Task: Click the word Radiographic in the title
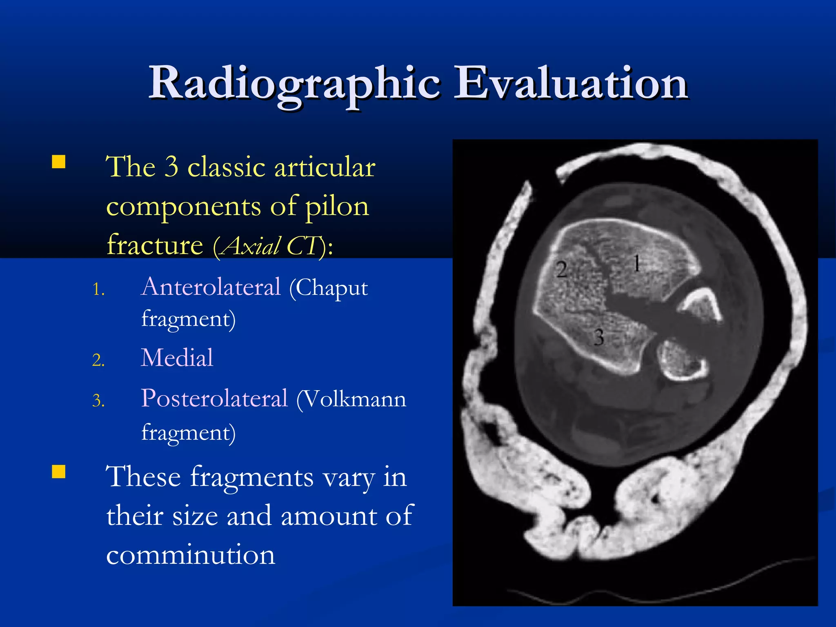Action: tap(294, 84)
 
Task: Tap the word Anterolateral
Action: tap(211, 287)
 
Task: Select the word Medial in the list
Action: tap(177, 358)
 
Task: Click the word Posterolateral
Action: tap(214, 398)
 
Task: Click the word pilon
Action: tap(337, 207)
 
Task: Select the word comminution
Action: tap(191, 555)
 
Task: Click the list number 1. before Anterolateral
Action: tap(98, 290)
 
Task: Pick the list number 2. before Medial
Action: tap(98, 360)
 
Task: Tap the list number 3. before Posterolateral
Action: tap(98, 401)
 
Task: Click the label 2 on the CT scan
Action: tap(562, 270)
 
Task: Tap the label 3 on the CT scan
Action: tap(598, 338)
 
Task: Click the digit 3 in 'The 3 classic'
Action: tap(171, 167)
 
